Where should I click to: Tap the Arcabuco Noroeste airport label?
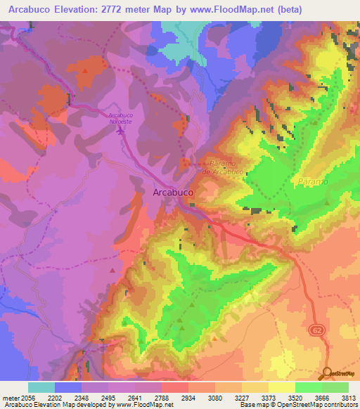click(120, 118)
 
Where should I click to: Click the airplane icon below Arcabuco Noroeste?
click(121, 129)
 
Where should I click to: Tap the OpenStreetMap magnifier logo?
click(327, 373)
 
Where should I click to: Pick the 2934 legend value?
click(188, 397)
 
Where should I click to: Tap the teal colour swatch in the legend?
click(41, 387)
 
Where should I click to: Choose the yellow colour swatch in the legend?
click(282, 387)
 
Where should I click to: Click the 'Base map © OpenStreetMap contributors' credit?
click(297, 405)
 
